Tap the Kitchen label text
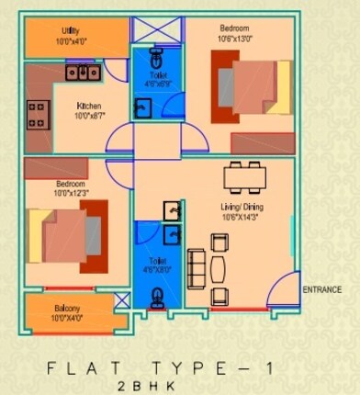tap(88, 106)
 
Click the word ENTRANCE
tap(321, 290)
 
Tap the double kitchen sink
tap(82, 71)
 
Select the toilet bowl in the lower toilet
tap(159, 296)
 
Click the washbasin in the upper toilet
tap(143, 107)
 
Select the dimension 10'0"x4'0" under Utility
tap(69, 41)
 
